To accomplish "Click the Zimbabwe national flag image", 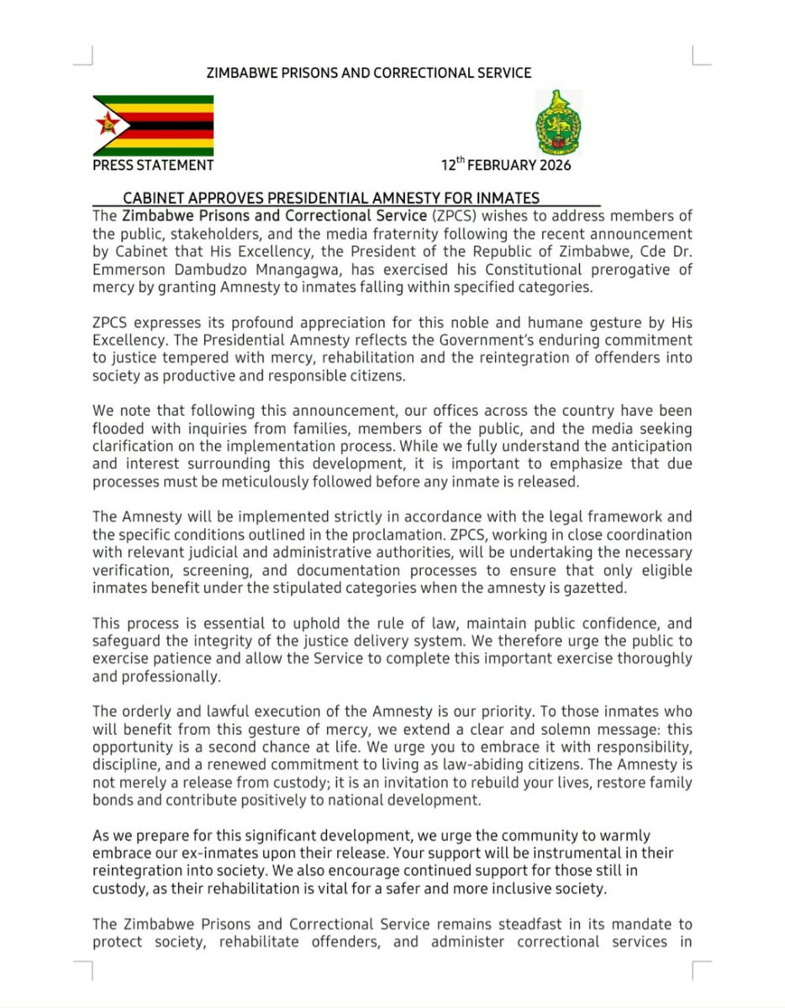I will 153,125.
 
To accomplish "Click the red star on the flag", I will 108,126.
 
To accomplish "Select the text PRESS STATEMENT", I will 153,165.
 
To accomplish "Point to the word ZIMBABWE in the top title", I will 243,73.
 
